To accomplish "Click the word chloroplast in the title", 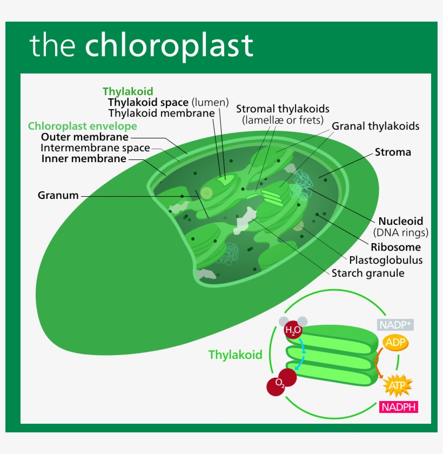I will (x=169, y=45).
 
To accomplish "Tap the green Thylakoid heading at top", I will (x=128, y=91).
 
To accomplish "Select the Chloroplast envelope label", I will (x=83, y=126).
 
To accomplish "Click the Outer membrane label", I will (x=85, y=137).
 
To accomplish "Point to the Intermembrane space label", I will (x=95, y=148).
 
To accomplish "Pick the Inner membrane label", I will (x=84, y=159).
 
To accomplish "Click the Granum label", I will (x=58, y=195).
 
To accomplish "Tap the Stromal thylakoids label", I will (x=283, y=109).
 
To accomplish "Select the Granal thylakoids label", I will (x=375, y=126).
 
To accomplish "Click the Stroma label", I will (x=393, y=152).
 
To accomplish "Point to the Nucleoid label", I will (x=400, y=221).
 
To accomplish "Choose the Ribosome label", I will (x=395, y=247).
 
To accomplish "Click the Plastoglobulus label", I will (x=386, y=260).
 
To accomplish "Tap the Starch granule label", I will (x=368, y=273).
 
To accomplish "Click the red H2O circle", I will (x=293, y=330).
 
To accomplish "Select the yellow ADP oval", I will (x=395, y=342).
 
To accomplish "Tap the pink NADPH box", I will (x=399, y=407).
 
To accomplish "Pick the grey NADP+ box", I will (x=395, y=325).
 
